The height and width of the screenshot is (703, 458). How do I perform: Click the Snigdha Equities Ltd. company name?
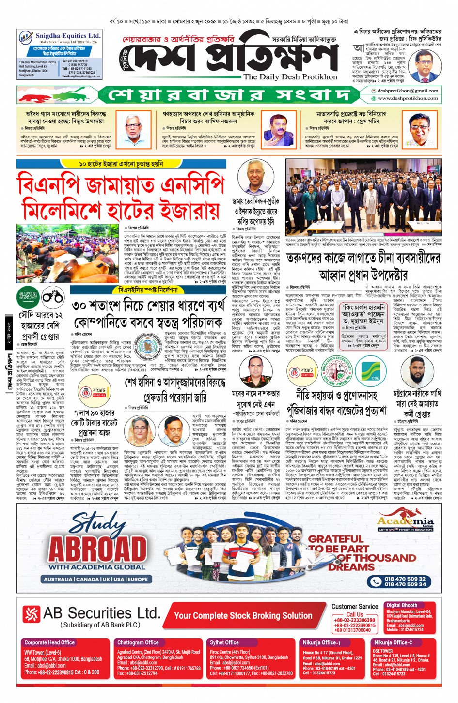pyautogui.click(x=68, y=36)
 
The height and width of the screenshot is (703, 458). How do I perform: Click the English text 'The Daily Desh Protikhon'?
pyautogui.click(x=290, y=76)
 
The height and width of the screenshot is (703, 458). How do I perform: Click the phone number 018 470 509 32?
pyautogui.click(x=405, y=579)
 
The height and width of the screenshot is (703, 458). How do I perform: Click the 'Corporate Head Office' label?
pyautogui.click(x=49, y=642)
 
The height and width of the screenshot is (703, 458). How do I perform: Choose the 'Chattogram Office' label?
pyautogui.click(x=138, y=642)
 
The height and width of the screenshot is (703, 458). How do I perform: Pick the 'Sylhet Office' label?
pyautogui.click(x=224, y=642)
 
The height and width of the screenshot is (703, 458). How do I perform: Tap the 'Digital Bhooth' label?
pyautogui.click(x=401, y=605)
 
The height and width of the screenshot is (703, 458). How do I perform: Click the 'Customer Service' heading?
pyautogui.click(x=354, y=606)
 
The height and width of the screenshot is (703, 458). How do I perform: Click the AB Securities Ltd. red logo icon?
pyautogui.click(x=32, y=614)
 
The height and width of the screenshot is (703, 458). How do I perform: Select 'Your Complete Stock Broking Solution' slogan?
pyautogui.click(x=243, y=616)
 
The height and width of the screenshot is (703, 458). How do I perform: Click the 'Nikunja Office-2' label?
pyautogui.click(x=393, y=642)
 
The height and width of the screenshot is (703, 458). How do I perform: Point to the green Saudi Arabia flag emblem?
pyautogui.click(x=28, y=296)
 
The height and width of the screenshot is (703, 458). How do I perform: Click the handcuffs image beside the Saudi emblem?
pyautogui.click(x=52, y=296)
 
